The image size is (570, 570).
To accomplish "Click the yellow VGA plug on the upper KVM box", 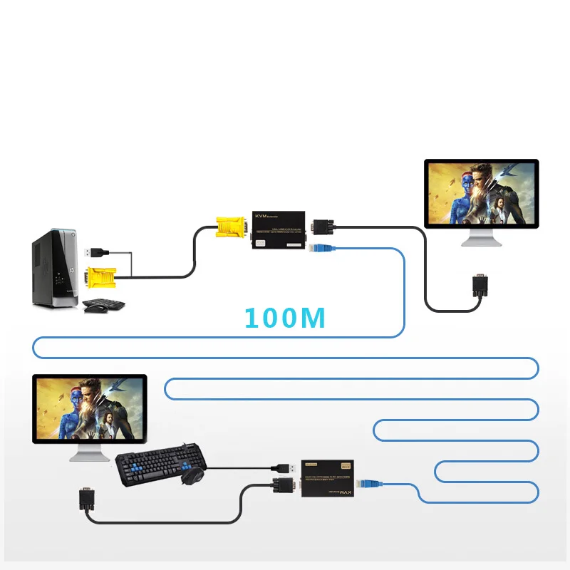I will point(230,228).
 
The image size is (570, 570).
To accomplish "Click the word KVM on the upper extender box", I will point(261,214).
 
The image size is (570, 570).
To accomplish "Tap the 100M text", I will point(284,318).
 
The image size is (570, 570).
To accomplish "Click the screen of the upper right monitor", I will point(481,192).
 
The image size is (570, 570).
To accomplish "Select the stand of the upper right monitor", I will point(481,239).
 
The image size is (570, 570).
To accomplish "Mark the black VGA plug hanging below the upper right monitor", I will point(479,286).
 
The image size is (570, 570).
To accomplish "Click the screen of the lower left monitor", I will point(89,410).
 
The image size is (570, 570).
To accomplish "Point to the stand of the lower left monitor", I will point(89,455).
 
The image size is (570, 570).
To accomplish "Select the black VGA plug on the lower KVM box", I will point(283,488).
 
